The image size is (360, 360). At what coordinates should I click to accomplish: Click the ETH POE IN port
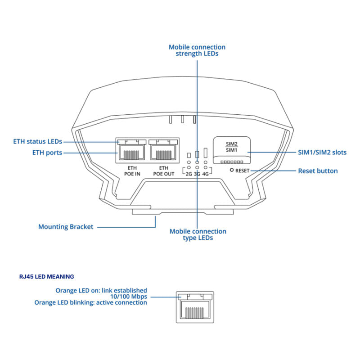(131, 153)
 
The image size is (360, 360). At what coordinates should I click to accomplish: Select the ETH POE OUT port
(164, 153)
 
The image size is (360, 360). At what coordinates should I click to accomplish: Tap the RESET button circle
(232, 171)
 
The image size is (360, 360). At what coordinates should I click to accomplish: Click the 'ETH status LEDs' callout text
(38, 141)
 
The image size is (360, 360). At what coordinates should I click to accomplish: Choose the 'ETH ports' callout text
(47, 153)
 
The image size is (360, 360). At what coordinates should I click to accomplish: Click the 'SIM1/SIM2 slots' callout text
(322, 153)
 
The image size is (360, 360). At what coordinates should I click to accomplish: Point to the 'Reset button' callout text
(318, 171)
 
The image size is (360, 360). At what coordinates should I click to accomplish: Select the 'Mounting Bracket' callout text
(66, 227)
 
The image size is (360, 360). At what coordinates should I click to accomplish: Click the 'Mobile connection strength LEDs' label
(197, 50)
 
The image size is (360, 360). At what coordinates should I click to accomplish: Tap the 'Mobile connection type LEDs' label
(198, 234)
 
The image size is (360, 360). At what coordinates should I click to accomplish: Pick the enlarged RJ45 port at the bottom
(194, 306)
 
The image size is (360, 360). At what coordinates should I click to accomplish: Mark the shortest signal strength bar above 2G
(189, 156)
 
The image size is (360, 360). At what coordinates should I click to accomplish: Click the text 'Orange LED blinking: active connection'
(90, 302)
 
